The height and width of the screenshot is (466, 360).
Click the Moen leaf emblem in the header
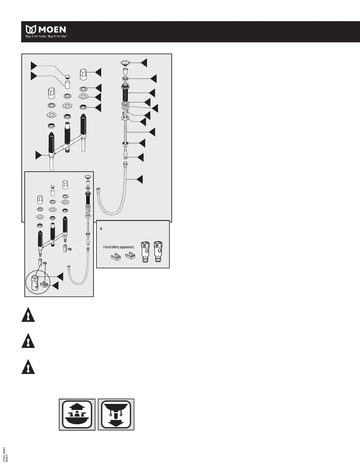point(30,29)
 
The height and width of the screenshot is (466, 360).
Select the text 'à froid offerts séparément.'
point(119,247)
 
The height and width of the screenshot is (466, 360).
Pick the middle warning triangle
point(28,341)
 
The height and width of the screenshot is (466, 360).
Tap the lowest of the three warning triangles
point(28,367)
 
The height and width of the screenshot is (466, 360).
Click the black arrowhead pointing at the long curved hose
point(139,179)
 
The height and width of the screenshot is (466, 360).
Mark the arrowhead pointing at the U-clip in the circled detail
point(55,285)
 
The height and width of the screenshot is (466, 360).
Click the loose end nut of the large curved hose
point(98,190)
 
